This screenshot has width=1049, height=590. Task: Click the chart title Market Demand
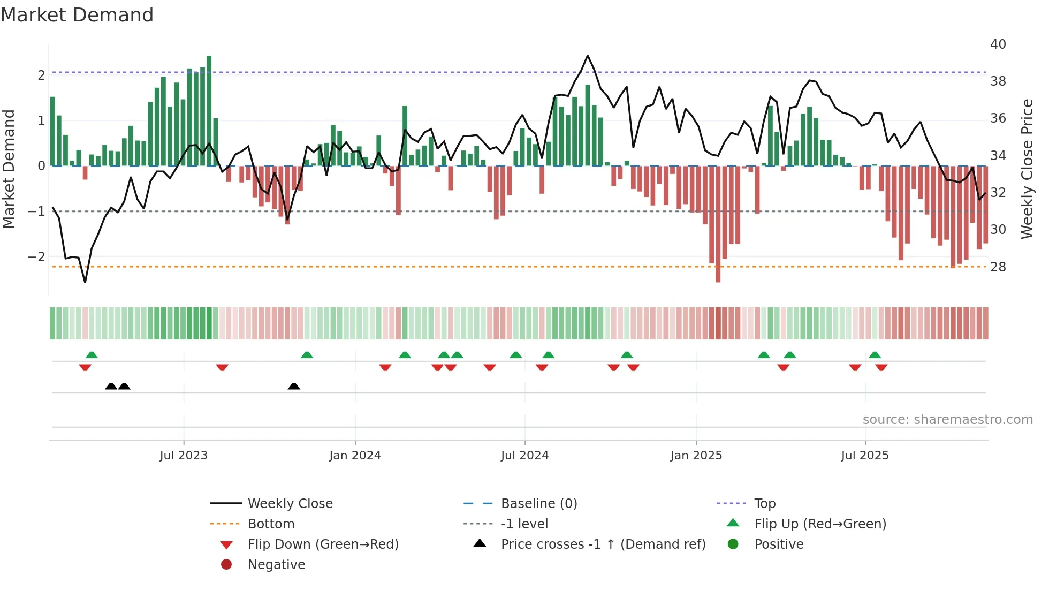pos(77,15)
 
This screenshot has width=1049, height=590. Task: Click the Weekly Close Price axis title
pos(1027,169)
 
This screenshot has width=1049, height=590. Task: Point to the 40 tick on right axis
pos(998,44)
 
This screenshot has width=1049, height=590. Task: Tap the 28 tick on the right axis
pos(998,267)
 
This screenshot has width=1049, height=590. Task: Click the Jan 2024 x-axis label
pos(355,456)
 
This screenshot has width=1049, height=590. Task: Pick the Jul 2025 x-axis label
pos(864,456)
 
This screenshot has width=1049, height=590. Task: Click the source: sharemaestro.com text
pos(947,420)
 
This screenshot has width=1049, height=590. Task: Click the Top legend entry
pos(764,504)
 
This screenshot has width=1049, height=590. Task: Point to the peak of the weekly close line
pos(587,56)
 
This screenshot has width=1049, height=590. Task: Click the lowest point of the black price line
pos(85,282)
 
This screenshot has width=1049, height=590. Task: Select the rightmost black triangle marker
pos(294,386)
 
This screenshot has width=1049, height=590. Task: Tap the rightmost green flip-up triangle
pos(875,355)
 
